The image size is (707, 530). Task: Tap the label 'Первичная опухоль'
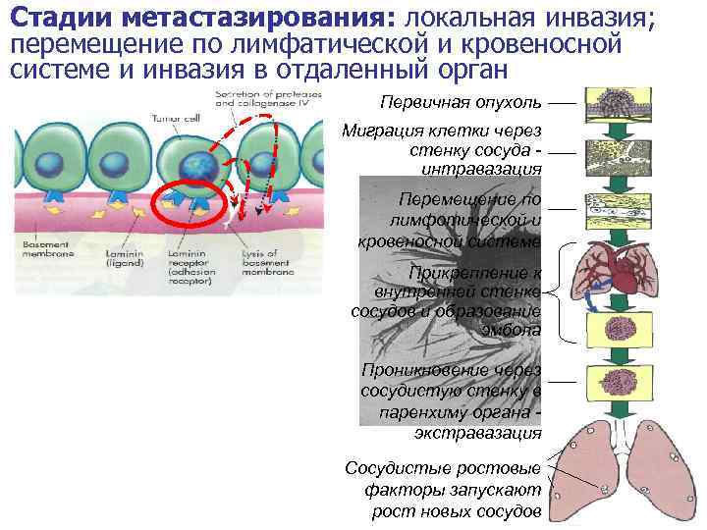click(x=460, y=102)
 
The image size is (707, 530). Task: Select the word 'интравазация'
click(x=480, y=169)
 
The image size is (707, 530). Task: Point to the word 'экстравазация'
click(x=477, y=433)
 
